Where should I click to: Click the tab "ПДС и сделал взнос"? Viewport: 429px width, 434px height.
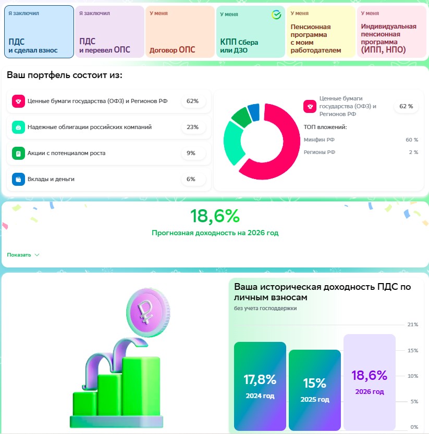39,32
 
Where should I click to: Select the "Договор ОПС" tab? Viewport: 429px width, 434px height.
180,32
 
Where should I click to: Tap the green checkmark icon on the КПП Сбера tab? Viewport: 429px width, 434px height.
276,15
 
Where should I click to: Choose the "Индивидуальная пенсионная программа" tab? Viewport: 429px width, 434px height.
391,32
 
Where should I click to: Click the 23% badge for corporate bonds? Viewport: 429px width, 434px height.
192,127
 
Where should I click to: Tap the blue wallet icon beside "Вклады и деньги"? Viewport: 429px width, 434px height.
18,179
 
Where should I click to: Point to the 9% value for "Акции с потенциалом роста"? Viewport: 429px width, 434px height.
191,153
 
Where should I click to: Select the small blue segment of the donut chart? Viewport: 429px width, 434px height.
254,112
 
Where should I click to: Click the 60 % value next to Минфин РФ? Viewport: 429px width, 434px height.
412,140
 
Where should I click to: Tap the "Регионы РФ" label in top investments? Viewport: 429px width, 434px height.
320,152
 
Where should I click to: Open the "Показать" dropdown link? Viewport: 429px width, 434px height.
23,255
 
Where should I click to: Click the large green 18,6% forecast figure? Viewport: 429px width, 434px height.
215,216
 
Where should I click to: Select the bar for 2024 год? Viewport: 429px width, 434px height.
260,386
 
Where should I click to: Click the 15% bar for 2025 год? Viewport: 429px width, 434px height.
315,390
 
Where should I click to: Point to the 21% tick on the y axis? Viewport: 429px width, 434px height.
413,324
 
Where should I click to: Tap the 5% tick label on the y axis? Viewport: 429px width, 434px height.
414,401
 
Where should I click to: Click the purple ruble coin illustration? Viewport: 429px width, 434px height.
148,312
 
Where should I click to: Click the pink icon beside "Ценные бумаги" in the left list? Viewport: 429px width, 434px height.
18,101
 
